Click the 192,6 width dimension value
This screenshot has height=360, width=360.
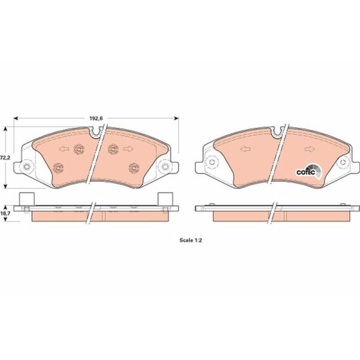point(96,118)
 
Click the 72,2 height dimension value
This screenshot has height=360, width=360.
point(5,158)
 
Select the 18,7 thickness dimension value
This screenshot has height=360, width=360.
point(5,213)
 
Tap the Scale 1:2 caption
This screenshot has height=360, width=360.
point(191,241)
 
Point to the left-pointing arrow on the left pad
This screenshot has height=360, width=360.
point(64,149)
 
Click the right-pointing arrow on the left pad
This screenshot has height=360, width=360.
point(128,149)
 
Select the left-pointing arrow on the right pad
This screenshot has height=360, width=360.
point(245,149)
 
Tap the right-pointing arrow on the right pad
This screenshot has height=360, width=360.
point(310,149)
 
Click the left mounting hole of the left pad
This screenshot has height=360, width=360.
point(26,166)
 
